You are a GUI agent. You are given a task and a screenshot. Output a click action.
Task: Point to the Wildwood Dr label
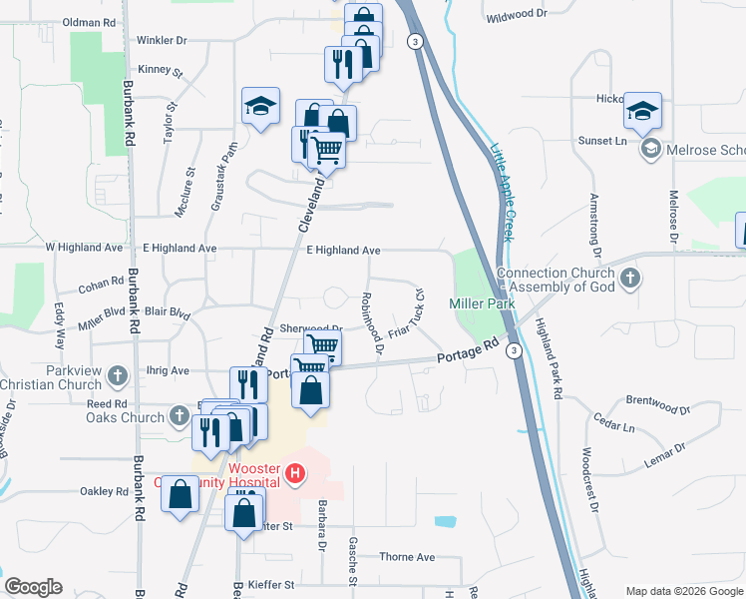517,17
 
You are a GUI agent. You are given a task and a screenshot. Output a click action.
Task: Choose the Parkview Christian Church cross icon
118,376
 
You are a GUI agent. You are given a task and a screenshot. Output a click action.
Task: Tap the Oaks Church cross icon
179,414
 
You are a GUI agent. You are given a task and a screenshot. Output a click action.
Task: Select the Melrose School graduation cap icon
651,150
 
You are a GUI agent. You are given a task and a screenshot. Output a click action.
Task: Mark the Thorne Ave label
407,557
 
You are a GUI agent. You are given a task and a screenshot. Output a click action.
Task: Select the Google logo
33,587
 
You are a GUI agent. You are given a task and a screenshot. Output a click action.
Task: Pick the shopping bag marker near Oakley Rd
180,495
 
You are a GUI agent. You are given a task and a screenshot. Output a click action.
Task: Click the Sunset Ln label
602,141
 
